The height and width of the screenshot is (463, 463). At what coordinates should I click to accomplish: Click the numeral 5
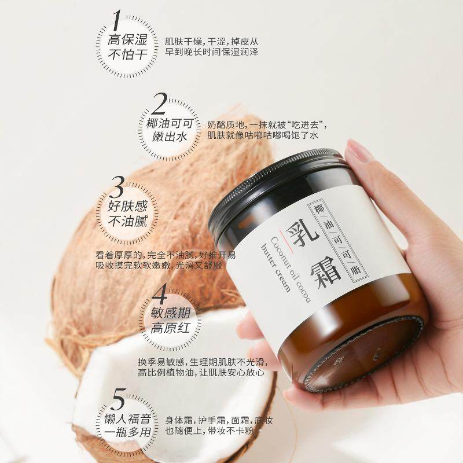pyautogui.click(x=117, y=400)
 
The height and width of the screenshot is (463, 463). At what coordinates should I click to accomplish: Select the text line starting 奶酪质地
pyautogui.click(x=270, y=125)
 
